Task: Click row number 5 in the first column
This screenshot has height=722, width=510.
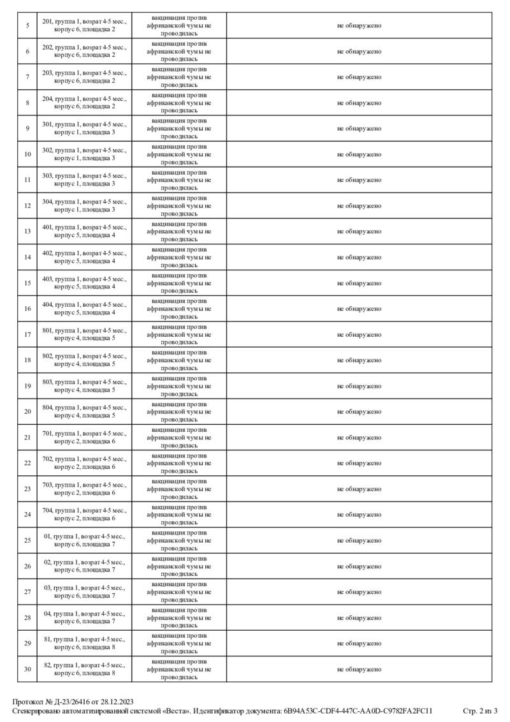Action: (x=27, y=26)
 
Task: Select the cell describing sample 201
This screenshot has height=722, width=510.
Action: (x=84, y=26)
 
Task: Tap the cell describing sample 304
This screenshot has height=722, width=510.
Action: (x=84, y=205)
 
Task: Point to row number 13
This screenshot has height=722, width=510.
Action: (x=27, y=232)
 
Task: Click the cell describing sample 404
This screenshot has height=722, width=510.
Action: (x=84, y=309)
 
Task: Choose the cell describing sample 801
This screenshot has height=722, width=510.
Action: (x=84, y=334)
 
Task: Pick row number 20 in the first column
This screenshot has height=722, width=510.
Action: (x=27, y=411)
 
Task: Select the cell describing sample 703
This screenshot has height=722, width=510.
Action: (x=84, y=489)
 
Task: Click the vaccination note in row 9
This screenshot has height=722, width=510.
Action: (x=179, y=128)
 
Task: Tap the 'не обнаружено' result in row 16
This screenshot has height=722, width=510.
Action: (x=360, y=309)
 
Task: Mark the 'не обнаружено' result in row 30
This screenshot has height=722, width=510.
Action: (x=360, y=669)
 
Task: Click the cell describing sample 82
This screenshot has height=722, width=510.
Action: (x=84, y=669)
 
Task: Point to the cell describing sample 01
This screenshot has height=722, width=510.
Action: (x=84, y=540)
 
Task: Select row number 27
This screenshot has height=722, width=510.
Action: (x=27, y=592)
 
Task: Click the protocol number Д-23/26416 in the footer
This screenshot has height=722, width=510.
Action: (x=69, y=701)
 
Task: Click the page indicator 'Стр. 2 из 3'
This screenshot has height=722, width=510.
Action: (x=480, y=711)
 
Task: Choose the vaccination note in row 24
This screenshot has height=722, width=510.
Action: (x=179, y=515)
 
